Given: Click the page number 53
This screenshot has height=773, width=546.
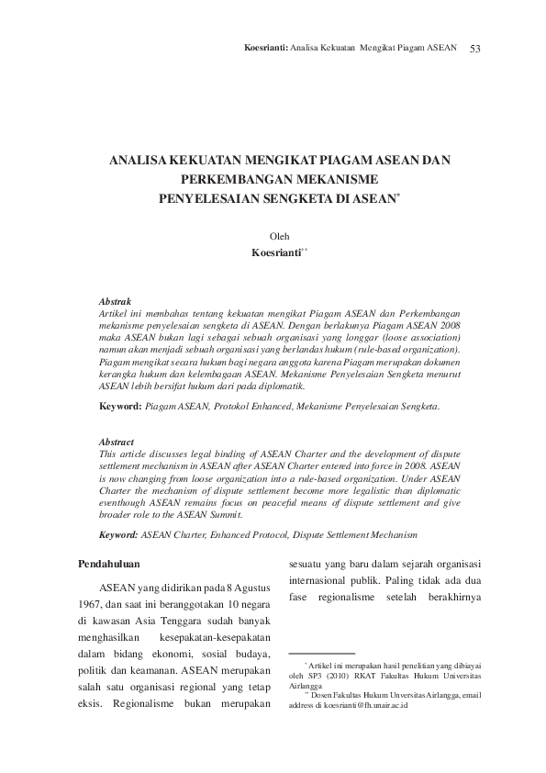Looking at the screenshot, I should click(x=475, y=47).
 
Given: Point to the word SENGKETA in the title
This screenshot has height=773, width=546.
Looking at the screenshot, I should click(x=297, y=197).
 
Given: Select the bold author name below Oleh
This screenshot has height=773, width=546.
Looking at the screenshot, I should click(x=275, y=252).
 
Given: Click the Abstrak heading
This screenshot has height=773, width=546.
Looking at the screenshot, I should click(x=115, y=301).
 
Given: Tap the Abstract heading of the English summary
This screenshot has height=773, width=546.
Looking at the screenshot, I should click(x=117, y=442).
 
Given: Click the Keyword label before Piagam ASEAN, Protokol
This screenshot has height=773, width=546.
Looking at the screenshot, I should click(x=120, y=405).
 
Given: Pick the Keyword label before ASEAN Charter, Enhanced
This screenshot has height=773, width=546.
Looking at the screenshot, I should click(x=120, y=533).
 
